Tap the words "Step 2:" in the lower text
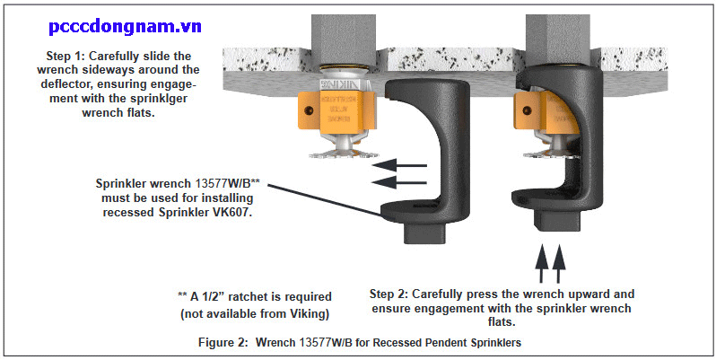[x=393, y=294]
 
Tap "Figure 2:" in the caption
[x=223, y=343]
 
